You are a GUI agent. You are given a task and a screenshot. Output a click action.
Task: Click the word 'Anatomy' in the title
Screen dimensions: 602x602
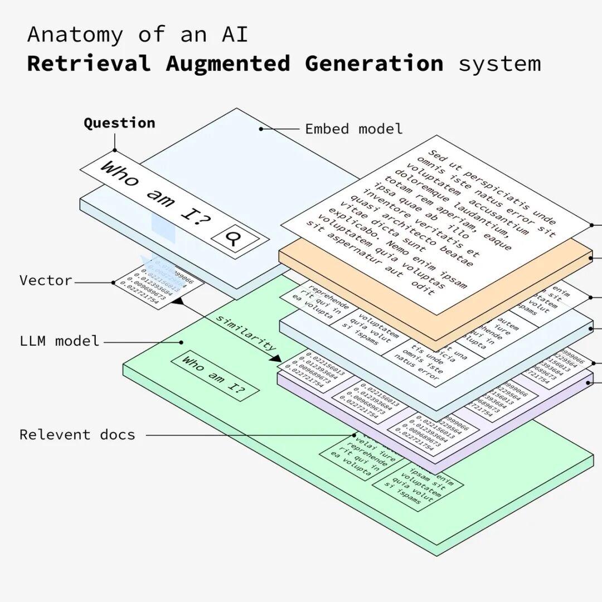point(75,35)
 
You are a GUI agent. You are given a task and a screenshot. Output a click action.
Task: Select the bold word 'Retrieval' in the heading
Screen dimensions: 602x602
point(89,64)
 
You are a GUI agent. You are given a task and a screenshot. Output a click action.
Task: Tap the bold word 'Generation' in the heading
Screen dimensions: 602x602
point(374,64)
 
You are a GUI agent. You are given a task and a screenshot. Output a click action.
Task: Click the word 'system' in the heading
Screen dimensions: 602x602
point(499,64)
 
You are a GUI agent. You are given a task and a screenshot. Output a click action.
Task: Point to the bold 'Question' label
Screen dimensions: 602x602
point(119,123)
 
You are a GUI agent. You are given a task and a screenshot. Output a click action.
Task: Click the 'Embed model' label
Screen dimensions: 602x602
point(353,129)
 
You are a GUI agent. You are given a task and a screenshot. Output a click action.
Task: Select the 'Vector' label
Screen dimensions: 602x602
point(46,280)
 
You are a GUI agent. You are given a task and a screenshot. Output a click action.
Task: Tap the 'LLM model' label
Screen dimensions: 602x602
point(59,341)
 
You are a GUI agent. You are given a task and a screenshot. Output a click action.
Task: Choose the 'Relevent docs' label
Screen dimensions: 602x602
point(77,435)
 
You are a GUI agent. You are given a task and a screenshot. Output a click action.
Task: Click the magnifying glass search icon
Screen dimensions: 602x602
point(232,238)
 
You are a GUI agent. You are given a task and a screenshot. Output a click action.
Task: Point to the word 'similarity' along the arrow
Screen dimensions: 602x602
point(246,333)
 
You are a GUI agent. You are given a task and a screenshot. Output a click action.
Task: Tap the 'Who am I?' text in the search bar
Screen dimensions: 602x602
point(156,195)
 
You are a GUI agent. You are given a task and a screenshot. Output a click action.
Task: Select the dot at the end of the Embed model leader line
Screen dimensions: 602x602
point(261,129)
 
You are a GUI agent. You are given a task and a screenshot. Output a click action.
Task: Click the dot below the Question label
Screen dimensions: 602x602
point(115,150)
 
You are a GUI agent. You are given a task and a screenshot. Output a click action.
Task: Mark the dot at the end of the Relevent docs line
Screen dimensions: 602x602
point(354,435)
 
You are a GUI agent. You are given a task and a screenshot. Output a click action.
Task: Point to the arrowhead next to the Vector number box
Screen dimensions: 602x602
point(177,301)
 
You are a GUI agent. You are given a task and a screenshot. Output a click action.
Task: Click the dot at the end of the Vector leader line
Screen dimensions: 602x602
point(113,283)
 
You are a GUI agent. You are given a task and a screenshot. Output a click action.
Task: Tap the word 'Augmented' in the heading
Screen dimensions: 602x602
point(227,64)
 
